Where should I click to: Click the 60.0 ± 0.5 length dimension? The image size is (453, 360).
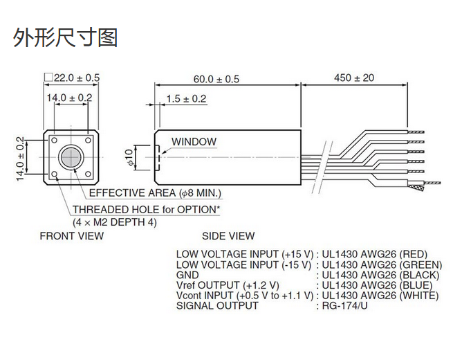216,79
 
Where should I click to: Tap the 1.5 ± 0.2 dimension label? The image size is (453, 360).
186,99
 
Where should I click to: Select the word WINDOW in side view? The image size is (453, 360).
194,141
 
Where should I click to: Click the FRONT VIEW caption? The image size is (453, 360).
72,236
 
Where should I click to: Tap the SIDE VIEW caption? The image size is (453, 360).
228,236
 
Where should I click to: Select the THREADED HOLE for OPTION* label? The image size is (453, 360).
147,209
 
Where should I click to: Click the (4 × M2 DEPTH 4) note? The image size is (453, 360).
115,222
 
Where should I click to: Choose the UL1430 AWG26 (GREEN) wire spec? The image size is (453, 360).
379,264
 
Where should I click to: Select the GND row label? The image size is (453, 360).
187,274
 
